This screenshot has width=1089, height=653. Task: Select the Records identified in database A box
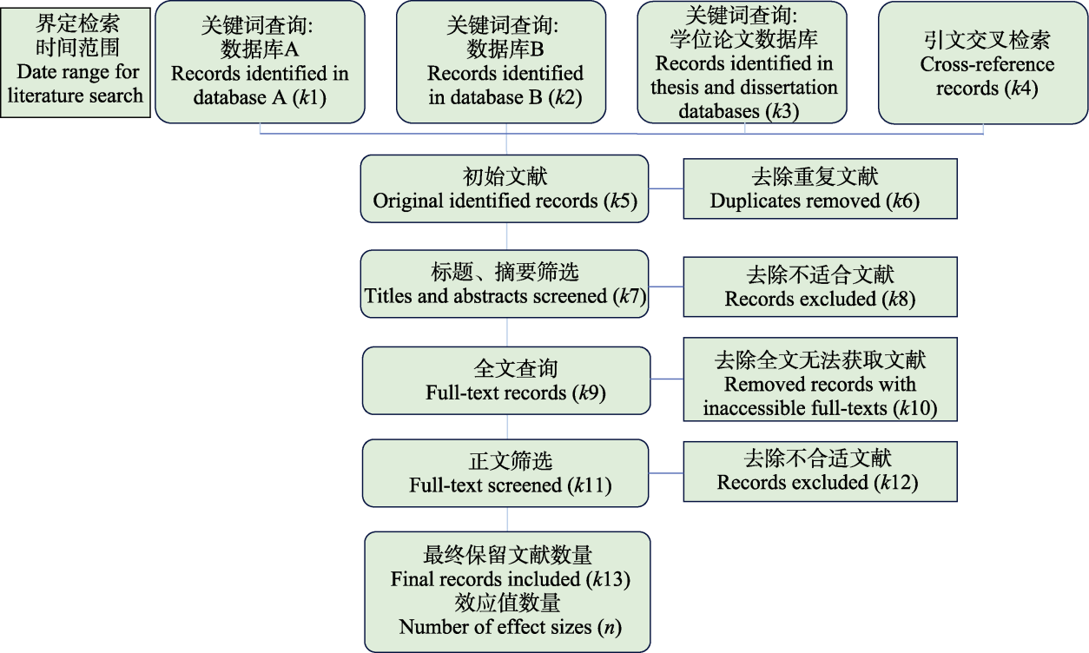tap(260, 62)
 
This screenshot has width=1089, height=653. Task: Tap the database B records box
tap(505, 62)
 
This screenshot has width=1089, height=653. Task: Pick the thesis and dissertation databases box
tap(743, 62)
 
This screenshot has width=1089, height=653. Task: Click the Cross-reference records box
tap(982, 63)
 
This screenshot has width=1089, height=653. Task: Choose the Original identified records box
tap(505, 188)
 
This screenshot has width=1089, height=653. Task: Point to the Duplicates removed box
tap(820, 188)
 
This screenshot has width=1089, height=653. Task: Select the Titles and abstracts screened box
tap(505, 284)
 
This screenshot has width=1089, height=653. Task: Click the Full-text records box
tap(506, 379)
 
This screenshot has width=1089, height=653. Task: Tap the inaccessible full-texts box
tap(820, 384)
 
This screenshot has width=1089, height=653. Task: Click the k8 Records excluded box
tap(820, 287)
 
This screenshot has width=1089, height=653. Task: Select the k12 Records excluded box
tap(820, 471)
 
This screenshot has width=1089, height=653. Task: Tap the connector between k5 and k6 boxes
tap(666, 188)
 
